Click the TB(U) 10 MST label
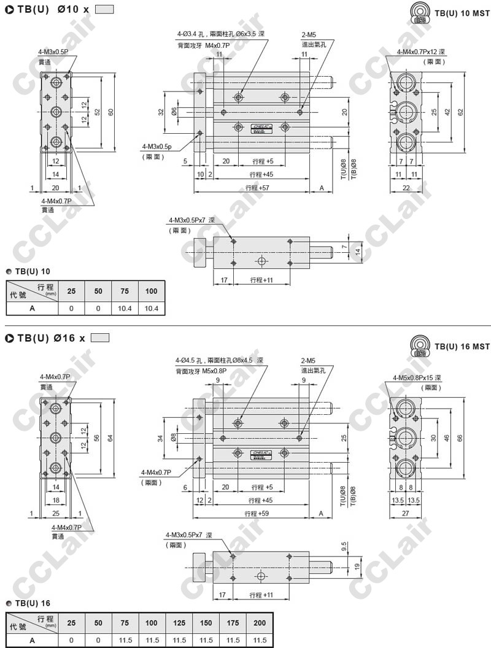[462, 13]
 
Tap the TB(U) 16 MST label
[462, 347]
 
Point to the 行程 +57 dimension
[257, 188]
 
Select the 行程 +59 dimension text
[257, 514]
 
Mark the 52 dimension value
[98, 112]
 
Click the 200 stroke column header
[260, 623]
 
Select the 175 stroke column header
[233, 623]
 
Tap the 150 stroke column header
[206, 623]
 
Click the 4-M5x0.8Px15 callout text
[417, 377]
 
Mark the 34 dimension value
[161, 438]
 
